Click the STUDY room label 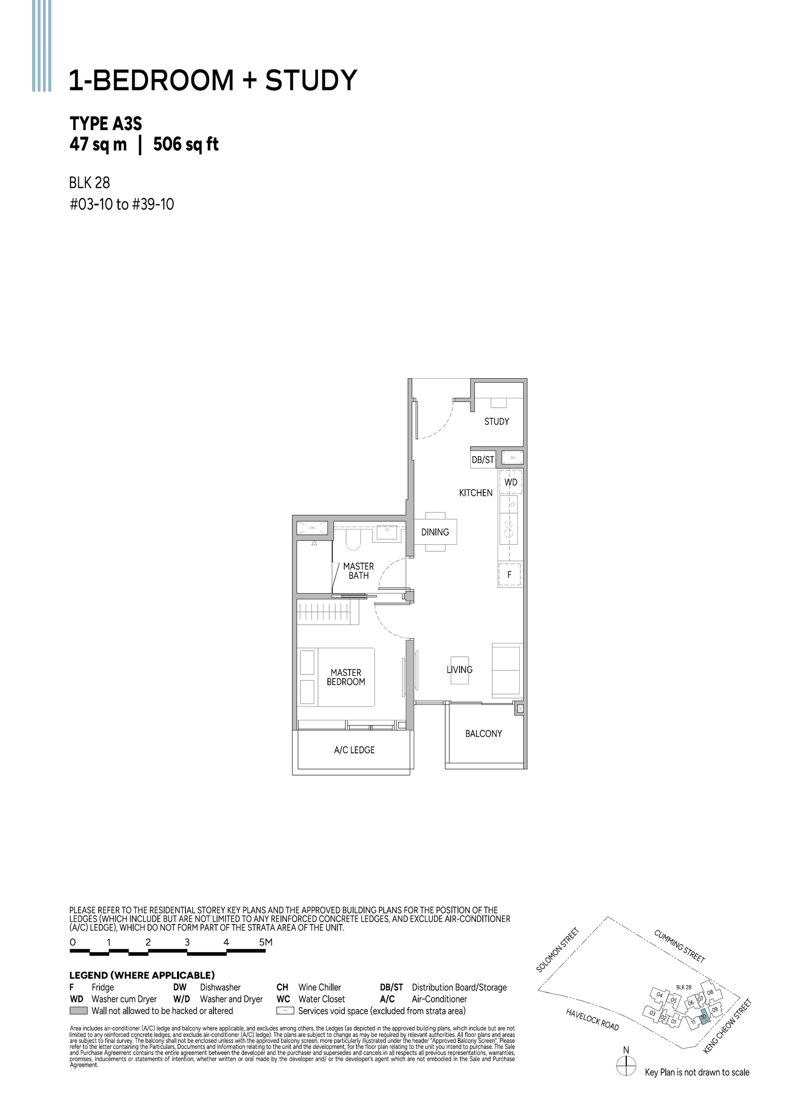496,422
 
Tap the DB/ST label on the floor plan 483,460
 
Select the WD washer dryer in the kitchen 511,482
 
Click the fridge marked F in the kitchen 509,574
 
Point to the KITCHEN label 475,493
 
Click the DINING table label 435,532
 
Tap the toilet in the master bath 353,540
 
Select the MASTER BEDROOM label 346,677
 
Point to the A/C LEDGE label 354,750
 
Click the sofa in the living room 506,670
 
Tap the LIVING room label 459,670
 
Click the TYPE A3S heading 106,123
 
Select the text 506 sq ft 186,144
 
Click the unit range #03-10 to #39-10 121,204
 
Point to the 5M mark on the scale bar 265,942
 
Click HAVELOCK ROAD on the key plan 592,1020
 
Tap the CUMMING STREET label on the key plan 679,946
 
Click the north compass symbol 626,1066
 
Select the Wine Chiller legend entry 319,987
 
